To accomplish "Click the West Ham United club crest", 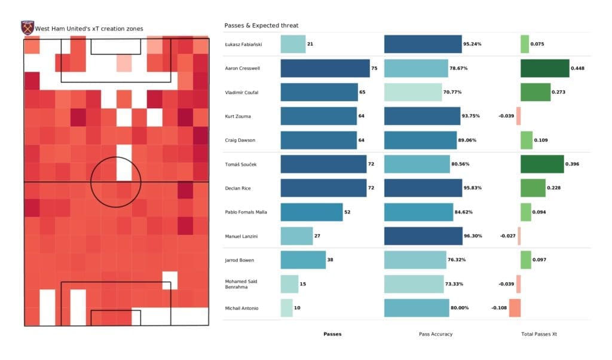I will click(x=27, y=28).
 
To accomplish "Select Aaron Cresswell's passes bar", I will click(x=325, y=68).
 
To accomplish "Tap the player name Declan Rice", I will click(x=238, y=188).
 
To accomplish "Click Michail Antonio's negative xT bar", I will click(x=515, y=308).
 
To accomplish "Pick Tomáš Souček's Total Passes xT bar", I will click(x=542, y=164).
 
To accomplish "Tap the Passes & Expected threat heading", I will click(x=261, y=26).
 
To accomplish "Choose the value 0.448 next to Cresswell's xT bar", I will click(x=577, y=68).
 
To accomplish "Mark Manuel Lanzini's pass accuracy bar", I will click(x=423, y=236).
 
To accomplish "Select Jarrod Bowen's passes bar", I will click(x=302, y=260).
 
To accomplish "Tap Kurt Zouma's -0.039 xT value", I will click(x=506, y=116).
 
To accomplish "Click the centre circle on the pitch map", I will click(x=116, y=182).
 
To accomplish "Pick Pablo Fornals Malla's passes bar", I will click(x=311, y=212).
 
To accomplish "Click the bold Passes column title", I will click(x=332, y=334).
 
